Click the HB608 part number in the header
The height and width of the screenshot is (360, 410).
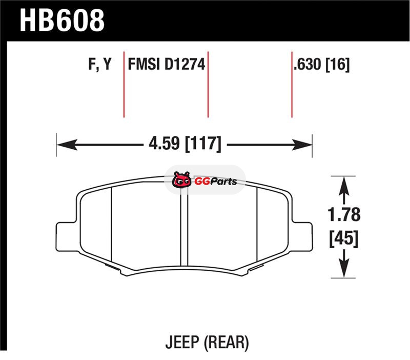[x=62, y=21]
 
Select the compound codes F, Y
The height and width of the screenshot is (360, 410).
[x=100, y=64]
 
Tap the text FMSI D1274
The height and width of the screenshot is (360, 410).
[x=166, y=64]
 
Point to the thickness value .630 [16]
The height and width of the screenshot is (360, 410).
[x=321, y=64]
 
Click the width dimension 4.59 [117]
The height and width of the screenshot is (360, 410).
[x=185, y=144]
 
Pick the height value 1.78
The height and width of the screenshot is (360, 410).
[x=344, y=214]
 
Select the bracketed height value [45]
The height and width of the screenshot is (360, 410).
[x=344, y=238]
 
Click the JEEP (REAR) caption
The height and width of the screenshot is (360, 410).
[x=207, y=342]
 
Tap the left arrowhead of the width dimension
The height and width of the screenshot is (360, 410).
[x=67, y=145]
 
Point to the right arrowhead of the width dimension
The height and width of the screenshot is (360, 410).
[x=302, y=145]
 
